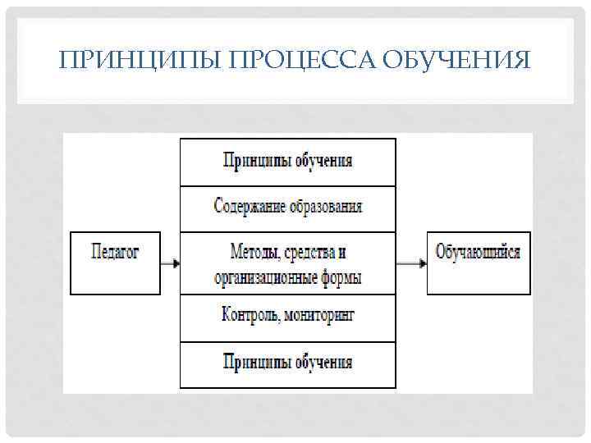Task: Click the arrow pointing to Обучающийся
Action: [410, 263]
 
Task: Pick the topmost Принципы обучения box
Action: [287, 162]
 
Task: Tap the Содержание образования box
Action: [287, 207]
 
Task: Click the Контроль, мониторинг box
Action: [287, 316]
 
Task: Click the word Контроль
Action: [250, 316]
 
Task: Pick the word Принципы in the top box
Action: [254, 161]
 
